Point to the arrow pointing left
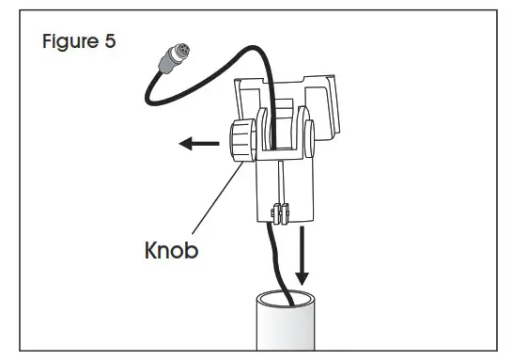coord(196,145)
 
